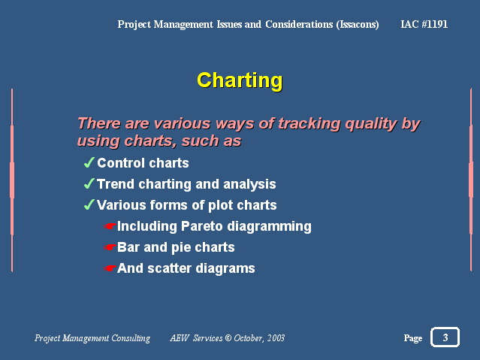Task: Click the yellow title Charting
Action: pos(240,80)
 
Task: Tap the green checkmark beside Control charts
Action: pos(89,162)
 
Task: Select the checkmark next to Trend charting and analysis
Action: pos(89,183)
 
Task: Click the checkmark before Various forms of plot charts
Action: pos(89,204)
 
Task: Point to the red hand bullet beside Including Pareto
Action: pos(110,226)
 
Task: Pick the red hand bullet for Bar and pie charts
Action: pos(110,247)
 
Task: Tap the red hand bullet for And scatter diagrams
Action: pos(110,268)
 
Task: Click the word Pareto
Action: pos(201,226)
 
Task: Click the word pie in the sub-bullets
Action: pos(181,248)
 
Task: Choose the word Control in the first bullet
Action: pos(121,163)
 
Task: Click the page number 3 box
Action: pos(445,337)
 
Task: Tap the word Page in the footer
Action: pos(413,338)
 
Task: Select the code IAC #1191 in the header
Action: pos(424,24)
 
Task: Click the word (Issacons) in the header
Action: pos(358,25)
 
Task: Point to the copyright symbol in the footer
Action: pos(228,338)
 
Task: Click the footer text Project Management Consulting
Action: pos(92,338)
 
